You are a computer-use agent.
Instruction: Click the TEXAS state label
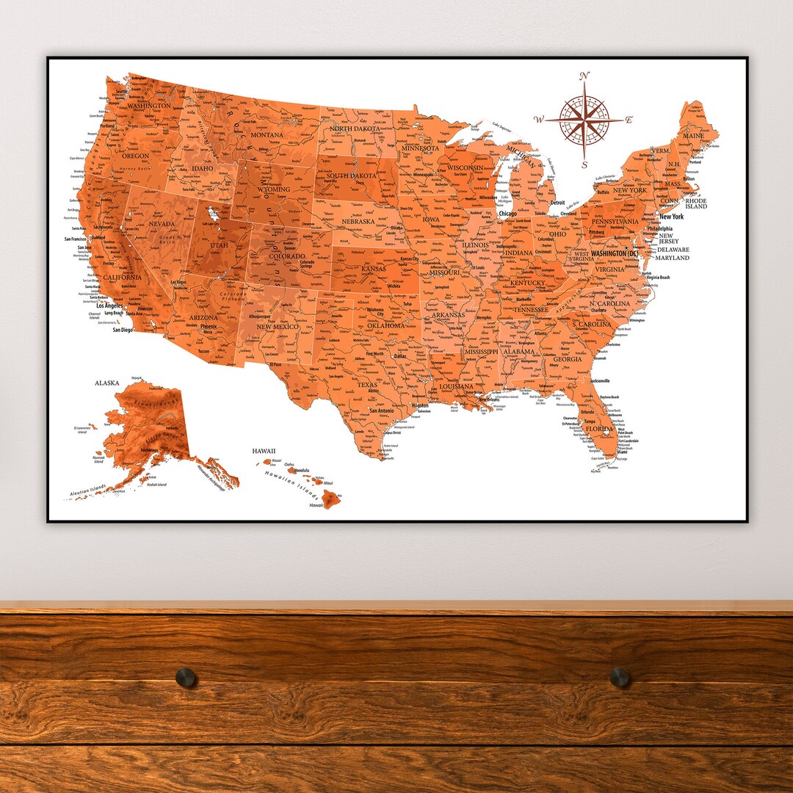pos(367,384)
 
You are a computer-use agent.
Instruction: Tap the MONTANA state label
pos(267,135)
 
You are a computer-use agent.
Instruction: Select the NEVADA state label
pos(162,223)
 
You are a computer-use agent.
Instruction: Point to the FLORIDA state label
pos(598,428)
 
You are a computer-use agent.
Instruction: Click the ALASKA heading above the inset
pos(108,383)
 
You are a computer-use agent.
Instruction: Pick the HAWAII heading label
pos(263,450)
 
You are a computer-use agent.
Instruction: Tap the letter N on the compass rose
pos(584,76)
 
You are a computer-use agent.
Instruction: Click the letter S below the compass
pos(584,165)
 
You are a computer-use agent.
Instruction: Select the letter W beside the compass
pos(539,120)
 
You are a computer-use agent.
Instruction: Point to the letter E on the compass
pos(629,120)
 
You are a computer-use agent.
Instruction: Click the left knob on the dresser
pos(186,677)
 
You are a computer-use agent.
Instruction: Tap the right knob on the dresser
pos(620,677)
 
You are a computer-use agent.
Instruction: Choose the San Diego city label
pos(123,330)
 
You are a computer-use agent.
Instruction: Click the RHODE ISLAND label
pos(696,203)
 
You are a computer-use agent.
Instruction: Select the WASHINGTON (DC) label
pos(609,253)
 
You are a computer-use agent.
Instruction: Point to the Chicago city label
pos(507,214)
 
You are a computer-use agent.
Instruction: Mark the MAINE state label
pos(693,136)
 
